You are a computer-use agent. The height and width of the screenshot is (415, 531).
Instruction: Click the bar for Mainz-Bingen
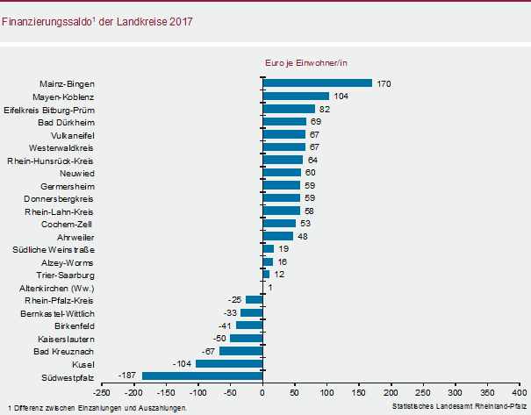317,83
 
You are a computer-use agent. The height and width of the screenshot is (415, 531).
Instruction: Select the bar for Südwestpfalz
203,376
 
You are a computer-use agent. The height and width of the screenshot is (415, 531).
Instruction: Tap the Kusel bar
229,363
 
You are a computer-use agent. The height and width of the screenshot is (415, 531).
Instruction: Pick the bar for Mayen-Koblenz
296,97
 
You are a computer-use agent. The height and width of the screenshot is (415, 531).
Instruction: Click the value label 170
384,83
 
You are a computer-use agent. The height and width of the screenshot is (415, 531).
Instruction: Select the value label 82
325,109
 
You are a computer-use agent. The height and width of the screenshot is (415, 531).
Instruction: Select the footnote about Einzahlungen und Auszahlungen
97,408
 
